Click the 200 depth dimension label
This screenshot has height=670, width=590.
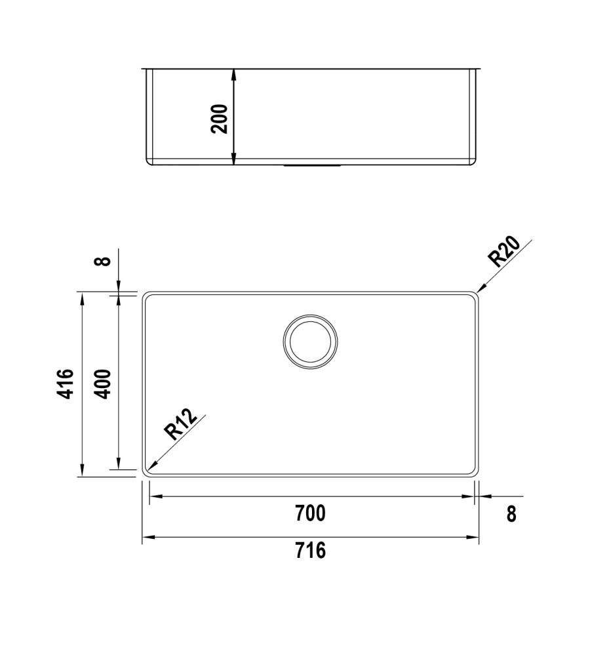(x=220, y=119)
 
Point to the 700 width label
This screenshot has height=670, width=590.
(x=310, y=513)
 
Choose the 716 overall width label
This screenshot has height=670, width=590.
(x=310, y=551)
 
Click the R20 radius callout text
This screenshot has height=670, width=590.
(x=505, y=252)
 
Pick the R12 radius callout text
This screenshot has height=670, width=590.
(x=180, y=424)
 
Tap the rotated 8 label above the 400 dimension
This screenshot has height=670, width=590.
(x=102, y=261)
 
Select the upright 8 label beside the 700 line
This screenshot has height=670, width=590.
(x=511, y=514)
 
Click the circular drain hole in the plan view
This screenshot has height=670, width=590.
(x=310, y=342)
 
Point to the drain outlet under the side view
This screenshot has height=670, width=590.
(x=311, y=167)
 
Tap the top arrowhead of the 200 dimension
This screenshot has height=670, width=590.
(x=234, y=72)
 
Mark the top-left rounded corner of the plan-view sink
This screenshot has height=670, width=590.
(x=146, y=295)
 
